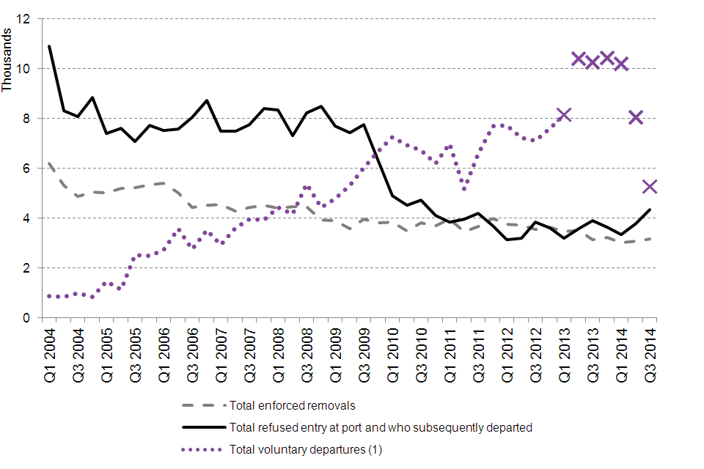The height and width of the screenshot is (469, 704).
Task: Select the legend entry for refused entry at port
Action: tap(380, 426)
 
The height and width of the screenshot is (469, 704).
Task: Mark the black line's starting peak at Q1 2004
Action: tap(49, 46)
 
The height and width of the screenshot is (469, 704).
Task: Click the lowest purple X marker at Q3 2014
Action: tap(650, 187)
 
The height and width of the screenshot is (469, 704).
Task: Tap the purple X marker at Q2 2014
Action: tap(636, 117)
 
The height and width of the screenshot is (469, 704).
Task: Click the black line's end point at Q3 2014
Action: tap(650, 210)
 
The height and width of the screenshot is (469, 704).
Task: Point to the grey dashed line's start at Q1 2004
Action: tap(49, 163)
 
